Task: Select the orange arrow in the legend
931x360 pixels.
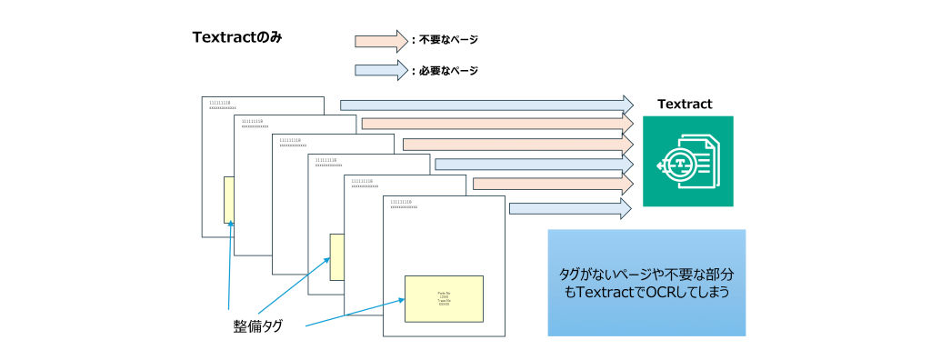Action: [x=380, y=40]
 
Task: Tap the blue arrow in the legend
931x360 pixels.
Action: [x=380, y=70]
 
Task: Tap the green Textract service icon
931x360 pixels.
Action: [x=687, y=162]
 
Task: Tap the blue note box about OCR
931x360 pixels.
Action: [x=646, y=283]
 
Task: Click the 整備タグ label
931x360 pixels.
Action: [x=257, y=325]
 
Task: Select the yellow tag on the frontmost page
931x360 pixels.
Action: [x=443, y=298]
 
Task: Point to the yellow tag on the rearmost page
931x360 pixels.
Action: [x=228, y=200]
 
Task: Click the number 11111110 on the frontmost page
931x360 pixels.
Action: [x=401, y=202]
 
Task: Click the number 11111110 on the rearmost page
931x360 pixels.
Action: [x=219, y=103]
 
